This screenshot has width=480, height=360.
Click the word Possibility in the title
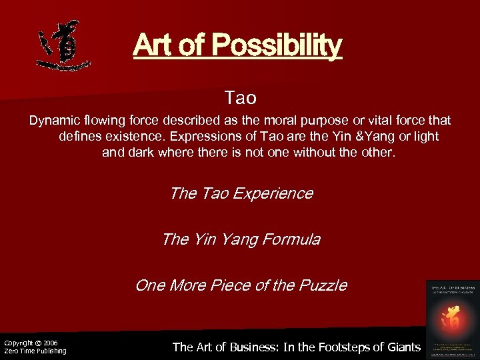click(x=276, y=45)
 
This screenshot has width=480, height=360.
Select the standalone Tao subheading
click(x=241, y=99)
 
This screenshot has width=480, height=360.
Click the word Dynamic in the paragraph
click(x=52, y=121)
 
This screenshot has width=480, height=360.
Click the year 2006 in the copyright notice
click(x=50, y=343)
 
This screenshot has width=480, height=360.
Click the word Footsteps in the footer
click(x=337, y=347)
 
